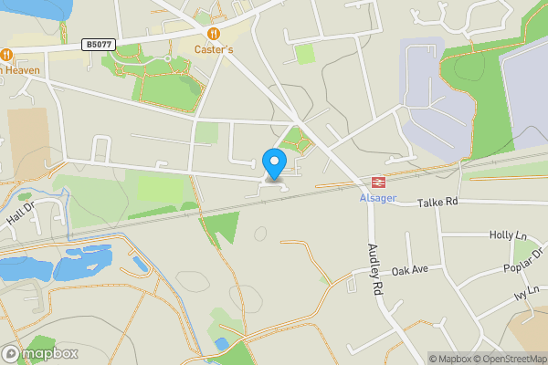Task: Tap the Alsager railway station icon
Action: [377, 182]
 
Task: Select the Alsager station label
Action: [377, 198]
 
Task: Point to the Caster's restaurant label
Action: [214, 47]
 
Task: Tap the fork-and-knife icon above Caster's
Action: [214, 33]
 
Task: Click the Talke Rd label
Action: [437, 201]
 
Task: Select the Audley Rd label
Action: [374, 266]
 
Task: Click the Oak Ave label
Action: [409, 271]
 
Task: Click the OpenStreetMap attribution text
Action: [509, 359]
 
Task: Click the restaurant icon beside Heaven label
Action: [6, 53]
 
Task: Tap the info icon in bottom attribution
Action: [419, 359]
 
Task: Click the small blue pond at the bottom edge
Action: [222, 343]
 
